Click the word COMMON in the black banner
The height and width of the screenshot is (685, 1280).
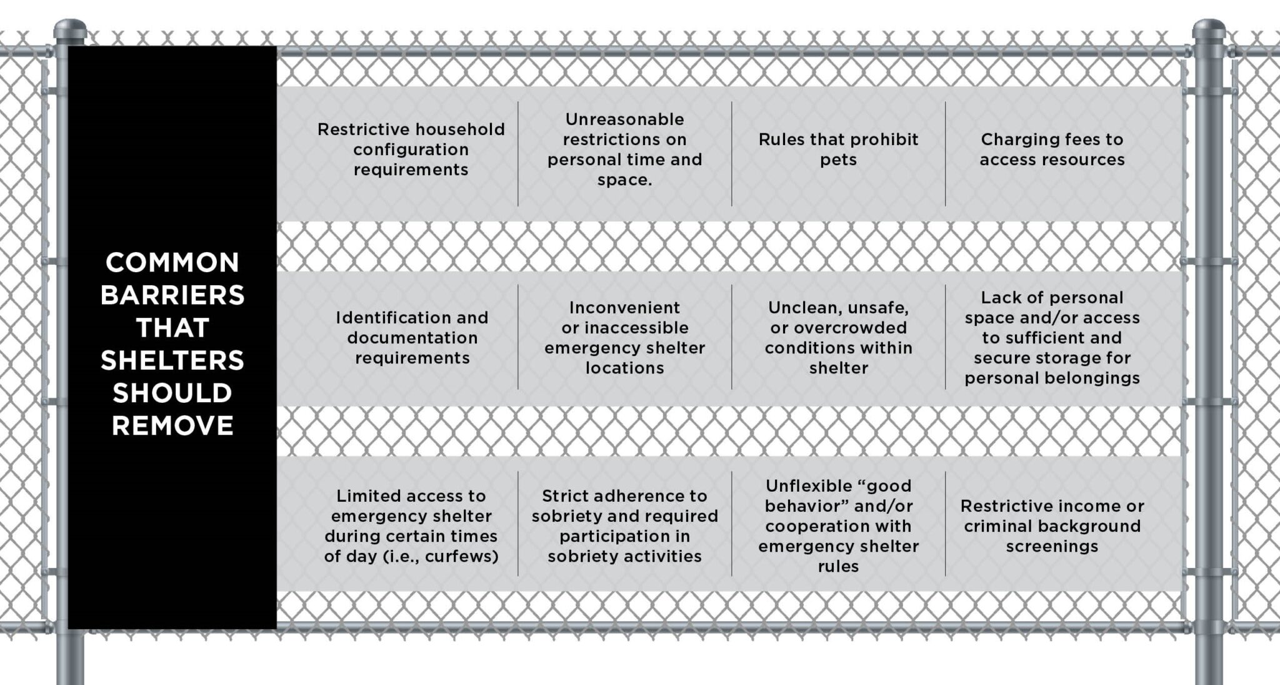(x=172, y=263)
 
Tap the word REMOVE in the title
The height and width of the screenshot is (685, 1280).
(x=172, y=426)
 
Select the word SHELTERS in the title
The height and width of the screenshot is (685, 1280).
(x=172, y=360)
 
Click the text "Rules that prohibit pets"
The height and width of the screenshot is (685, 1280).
(x=838, y=149)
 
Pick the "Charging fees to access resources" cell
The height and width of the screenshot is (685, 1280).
(x=1052, y=149)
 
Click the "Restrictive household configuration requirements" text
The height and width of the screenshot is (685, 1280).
(x=411, y=149)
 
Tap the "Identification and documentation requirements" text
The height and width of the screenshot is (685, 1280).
(x=412, y=337)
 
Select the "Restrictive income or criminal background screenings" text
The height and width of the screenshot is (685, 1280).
(x=1052, y=525)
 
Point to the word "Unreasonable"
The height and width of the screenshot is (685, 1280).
(x=624, y=119)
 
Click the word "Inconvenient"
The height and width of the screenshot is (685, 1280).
(x=624, y=307)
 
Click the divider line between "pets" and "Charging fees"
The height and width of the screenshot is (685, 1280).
(x=945, y=154)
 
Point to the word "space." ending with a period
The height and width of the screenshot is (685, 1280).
(x=624, y=180)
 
